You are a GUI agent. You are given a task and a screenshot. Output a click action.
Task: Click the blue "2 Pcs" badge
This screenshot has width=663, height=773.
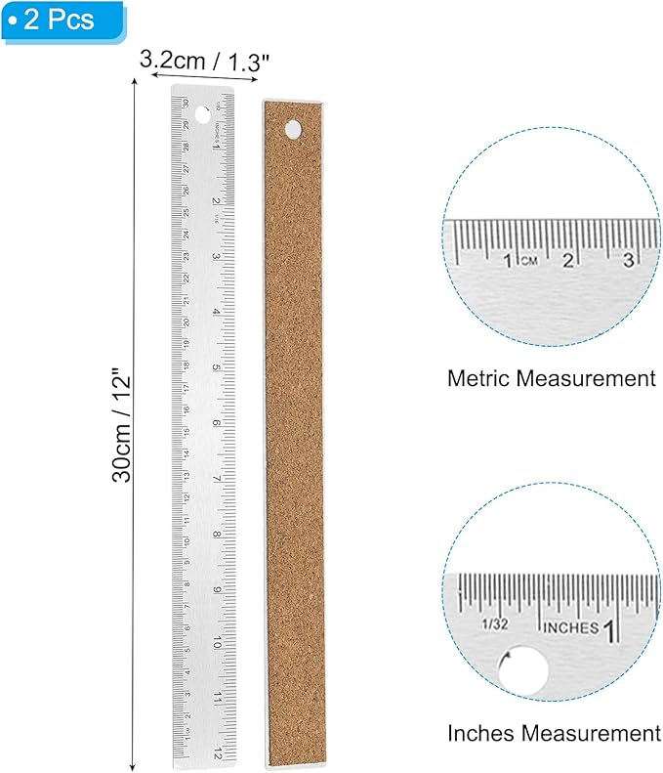62,20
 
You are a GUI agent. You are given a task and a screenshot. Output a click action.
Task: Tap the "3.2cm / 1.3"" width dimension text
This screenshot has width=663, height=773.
204,60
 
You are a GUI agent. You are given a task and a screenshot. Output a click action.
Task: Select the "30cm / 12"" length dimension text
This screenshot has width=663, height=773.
121,426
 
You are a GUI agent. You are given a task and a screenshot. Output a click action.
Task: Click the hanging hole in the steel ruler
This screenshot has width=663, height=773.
202,115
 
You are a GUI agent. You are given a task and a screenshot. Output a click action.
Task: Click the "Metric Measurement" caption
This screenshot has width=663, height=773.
551,378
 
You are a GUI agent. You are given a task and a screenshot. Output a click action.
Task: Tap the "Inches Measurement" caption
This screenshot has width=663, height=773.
554,732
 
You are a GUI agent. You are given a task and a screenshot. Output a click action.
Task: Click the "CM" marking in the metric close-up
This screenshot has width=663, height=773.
529,261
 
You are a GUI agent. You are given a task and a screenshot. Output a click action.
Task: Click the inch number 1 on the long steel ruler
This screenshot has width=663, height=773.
216,147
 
